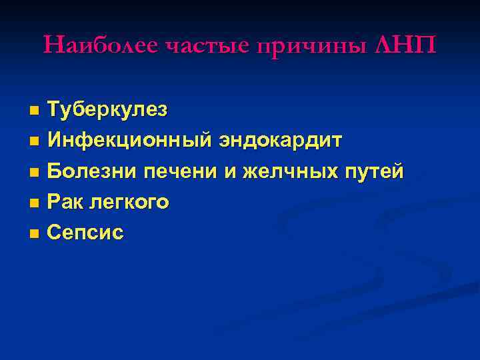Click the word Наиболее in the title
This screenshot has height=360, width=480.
coord(100,45)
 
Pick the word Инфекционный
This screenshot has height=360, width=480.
coord(130,141)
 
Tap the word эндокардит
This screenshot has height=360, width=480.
coord(281,141)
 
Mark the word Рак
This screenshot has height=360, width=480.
coord(65,201)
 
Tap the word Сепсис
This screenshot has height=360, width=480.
coord(85,232)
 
